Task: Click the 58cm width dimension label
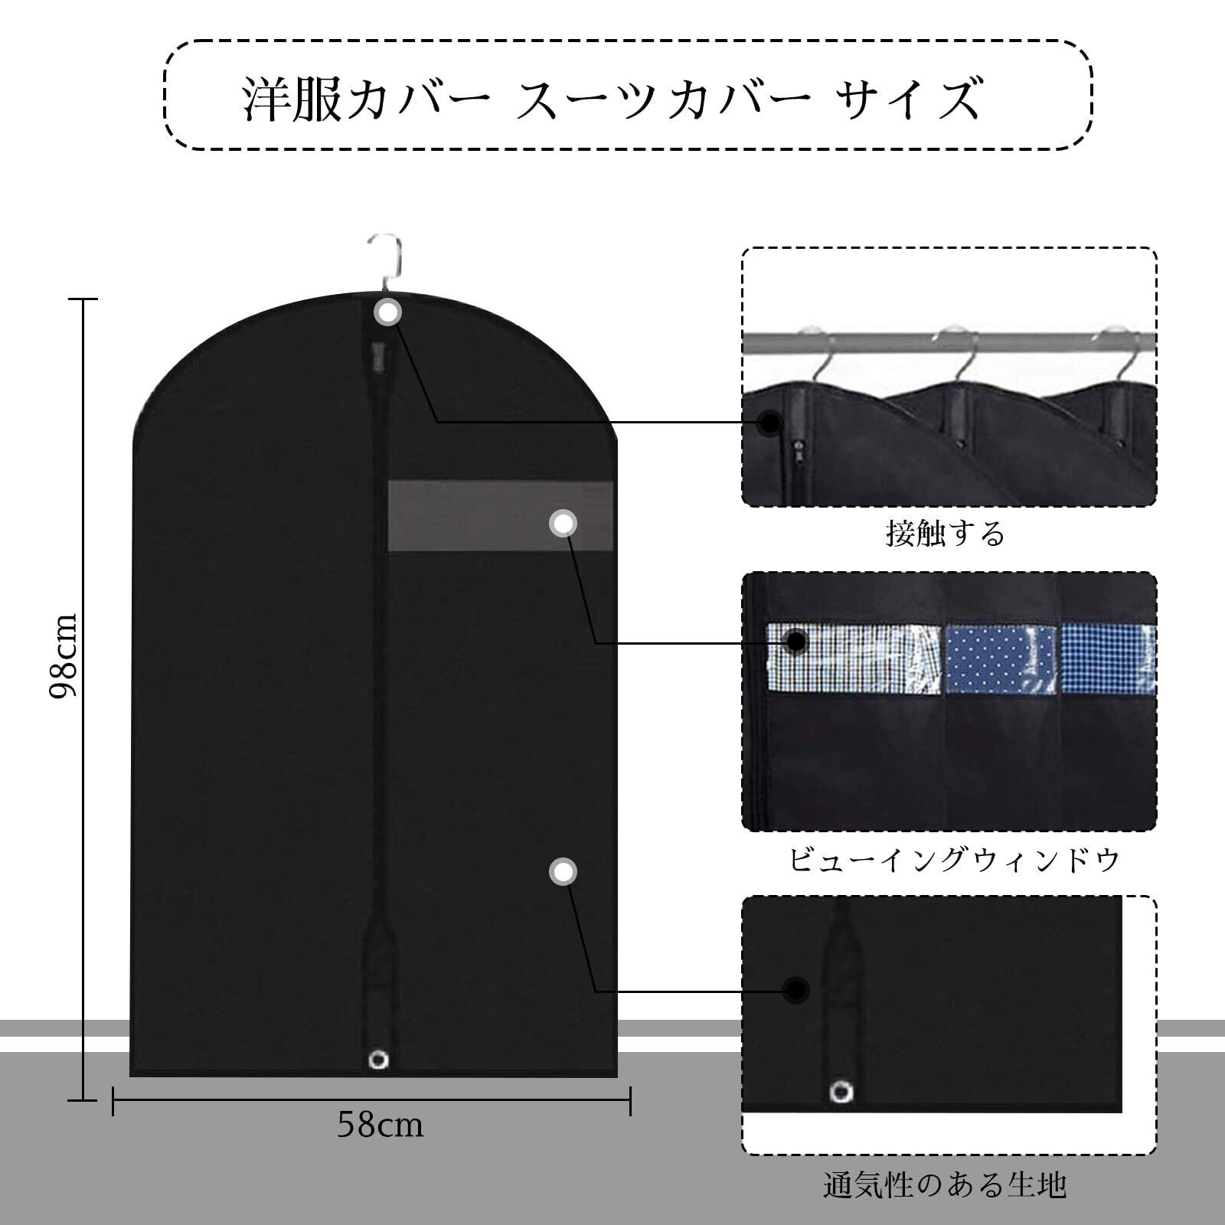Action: tap(380, 1125)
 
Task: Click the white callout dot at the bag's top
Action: tap(388, 312)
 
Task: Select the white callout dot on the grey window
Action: tap(563, 524)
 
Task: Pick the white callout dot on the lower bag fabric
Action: tap(563, 872)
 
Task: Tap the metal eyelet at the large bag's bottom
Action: tap(378, 1060)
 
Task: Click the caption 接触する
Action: tap(945, 534)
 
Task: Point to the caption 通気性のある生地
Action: tap(945, 1186)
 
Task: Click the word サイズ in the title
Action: tap(908, 99)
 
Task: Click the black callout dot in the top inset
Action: tap(771, 421)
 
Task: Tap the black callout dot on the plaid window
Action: tap(797, 642)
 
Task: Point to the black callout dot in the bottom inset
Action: tap(797, 990)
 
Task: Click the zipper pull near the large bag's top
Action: tap(376, 354)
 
